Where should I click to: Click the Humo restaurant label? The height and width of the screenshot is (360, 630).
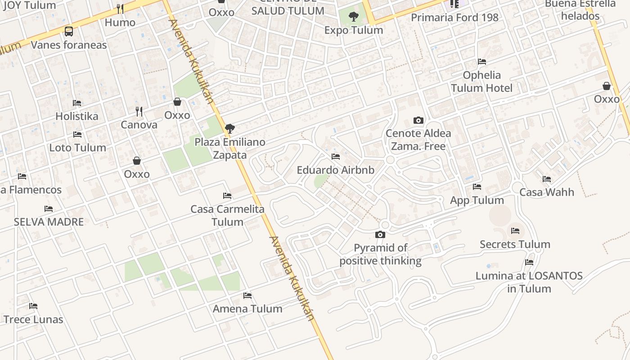pos(120,22)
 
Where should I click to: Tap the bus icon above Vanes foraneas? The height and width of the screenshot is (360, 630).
pos(69,31)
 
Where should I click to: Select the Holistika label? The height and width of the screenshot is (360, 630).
pos(76,116)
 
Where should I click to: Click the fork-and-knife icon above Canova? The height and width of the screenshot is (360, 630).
pos(139,111)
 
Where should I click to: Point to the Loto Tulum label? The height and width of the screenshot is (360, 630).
pos(77,148)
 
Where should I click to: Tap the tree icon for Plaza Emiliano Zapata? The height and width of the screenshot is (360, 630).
pos(230,129)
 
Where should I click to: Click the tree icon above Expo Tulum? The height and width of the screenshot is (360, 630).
pos(354,17)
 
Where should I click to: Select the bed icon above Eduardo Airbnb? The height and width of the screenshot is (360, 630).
pos(335,157)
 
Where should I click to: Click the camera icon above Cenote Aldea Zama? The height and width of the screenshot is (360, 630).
pos(418,120)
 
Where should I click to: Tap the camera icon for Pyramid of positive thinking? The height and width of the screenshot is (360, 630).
pos(380,234)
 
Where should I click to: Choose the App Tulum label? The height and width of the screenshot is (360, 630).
pos(477,200)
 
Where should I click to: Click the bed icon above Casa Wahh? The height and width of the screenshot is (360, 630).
pos(547,179)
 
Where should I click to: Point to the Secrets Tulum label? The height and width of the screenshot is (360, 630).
pos(515,244)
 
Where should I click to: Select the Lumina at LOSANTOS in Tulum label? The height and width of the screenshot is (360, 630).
pos(529,282)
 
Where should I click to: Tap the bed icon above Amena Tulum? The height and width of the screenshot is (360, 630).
pos(247,296)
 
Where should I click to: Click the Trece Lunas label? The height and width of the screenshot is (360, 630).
pos(33,319)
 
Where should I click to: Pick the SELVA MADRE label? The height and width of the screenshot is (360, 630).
pos(49,222)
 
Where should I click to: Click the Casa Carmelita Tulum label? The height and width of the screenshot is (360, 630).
pos(227,216)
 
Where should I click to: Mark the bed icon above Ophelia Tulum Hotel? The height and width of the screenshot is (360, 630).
pos(482,62)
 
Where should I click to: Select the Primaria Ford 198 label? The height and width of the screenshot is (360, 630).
pos(455,18)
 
